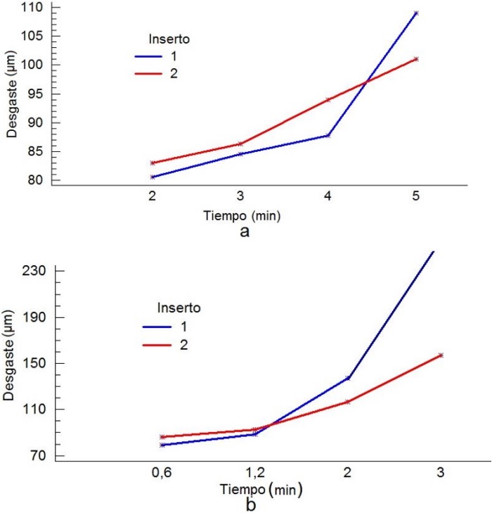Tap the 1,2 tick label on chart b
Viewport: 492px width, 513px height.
coord(254,473)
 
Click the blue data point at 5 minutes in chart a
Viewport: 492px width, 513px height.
coord(416,13)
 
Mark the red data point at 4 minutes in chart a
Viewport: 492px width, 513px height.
coord(328,99)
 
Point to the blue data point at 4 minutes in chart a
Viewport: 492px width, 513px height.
coord(328,135)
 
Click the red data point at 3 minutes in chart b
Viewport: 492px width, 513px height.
coord(441,355)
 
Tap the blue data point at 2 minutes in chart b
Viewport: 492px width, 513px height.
coord(348,378)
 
